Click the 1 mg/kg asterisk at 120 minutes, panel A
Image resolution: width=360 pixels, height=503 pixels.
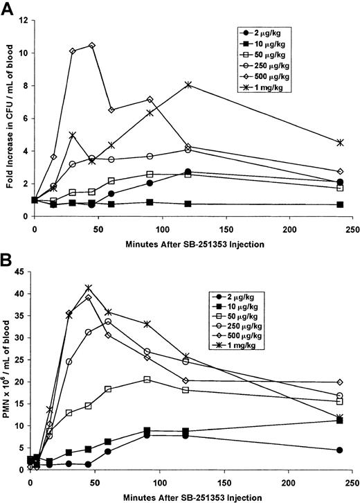point(188,85)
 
